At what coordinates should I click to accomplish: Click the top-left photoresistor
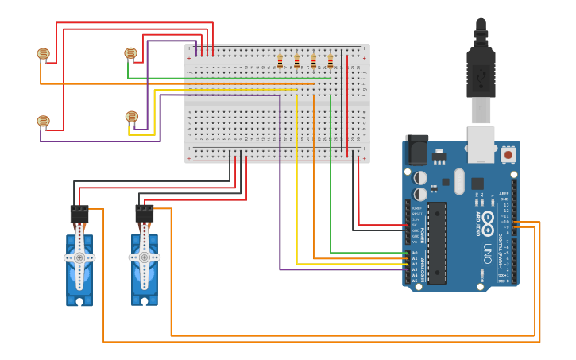[43, 54]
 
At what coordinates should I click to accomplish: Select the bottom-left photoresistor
[43, 122]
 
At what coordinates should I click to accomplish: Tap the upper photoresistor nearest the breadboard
[130, 53]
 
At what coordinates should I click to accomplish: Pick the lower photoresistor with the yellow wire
[131, 117]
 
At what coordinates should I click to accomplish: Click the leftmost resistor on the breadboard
[280, 61]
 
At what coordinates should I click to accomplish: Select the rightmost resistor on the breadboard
[331, 61]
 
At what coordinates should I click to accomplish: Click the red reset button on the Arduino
[508, 153]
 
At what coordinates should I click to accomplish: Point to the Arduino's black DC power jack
[416, 150]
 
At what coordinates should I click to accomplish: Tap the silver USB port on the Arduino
[481, 144]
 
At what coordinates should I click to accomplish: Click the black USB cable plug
[481, 72]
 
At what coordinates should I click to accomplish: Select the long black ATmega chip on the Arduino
[437, 242]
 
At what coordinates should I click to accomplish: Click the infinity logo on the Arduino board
[488, 219]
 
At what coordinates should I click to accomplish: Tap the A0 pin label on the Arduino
[415, 253]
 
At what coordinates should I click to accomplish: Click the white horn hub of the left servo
[79, 258]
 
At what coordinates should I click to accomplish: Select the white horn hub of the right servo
[144, 258]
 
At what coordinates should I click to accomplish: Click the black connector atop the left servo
[79, 214]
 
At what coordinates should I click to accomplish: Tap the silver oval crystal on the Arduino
[459, 181]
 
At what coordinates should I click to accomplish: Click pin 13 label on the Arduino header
[506, 205]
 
